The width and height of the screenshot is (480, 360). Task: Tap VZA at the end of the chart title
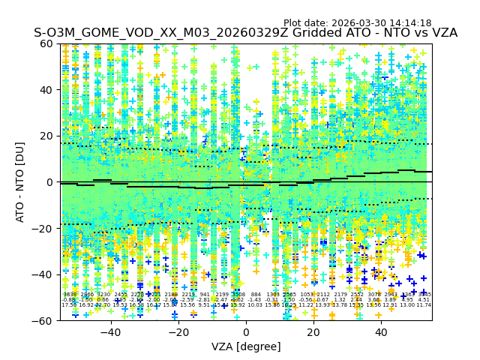click(x=442, y=33)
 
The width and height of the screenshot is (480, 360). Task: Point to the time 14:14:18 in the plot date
click(x=410, y=23)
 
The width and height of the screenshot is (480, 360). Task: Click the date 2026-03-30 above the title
click(x=357, y=23)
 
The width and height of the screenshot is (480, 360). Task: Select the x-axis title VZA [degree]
click(x=246, y=346)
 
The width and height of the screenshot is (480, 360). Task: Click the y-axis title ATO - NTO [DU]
click(x=20, y=181)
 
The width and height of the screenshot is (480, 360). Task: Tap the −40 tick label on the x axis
click(x=110, y=332)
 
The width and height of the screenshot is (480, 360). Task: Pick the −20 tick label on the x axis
click(x=178, y=332)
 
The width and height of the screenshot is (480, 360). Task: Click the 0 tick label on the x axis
click(x=246, y=332)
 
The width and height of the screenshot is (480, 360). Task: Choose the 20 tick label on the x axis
click(x=313, y=332)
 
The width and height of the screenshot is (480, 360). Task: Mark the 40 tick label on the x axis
click(x=381, y=332)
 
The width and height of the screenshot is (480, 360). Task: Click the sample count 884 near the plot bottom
click(x=256, y=295)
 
